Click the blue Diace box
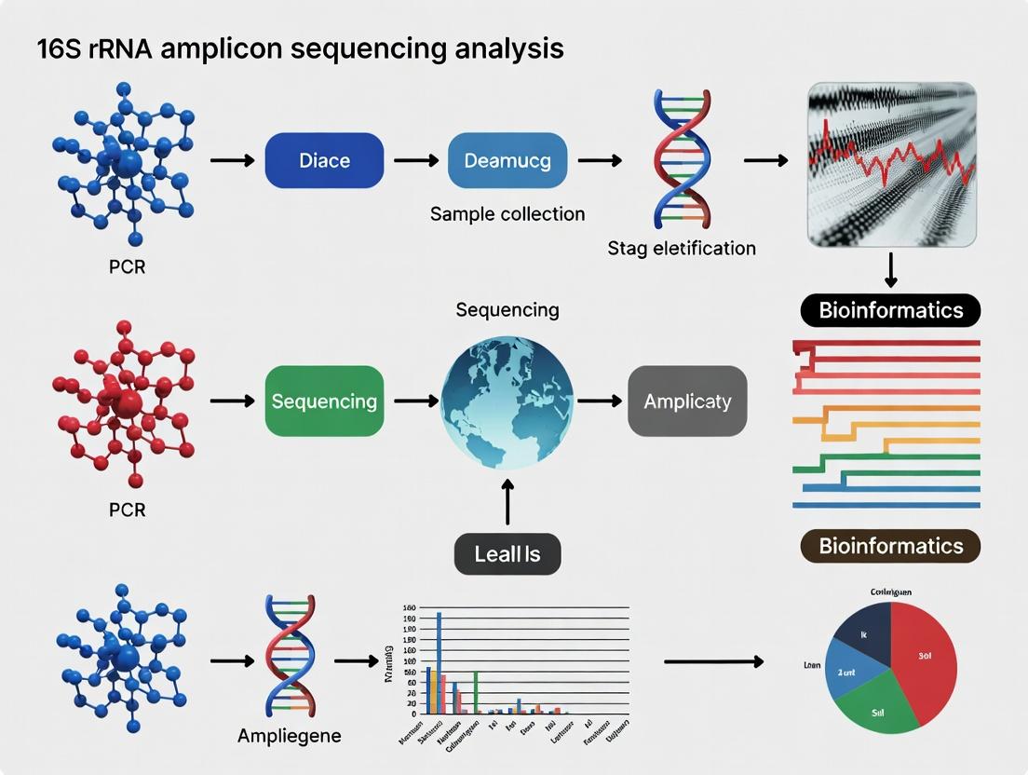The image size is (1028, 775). point(324,161)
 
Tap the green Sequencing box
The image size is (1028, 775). point(324,401)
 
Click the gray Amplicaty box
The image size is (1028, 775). point(687,401)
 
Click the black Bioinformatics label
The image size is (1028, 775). point(890,310)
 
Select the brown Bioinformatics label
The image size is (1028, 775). point(890,546)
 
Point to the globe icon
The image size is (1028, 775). point(507,401)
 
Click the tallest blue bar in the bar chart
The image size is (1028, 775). point(439,661)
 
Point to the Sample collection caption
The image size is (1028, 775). point(507,214)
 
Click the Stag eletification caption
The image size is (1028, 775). point(682,248)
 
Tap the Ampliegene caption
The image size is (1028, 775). point(290,736)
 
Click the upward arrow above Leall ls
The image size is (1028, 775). point(507,503)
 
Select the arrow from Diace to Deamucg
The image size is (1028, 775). point(415,161)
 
